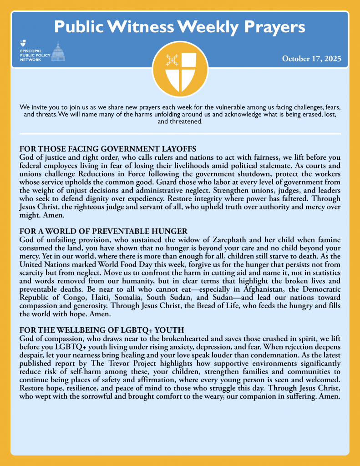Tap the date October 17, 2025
[311, 59]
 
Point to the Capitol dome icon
[58, 51]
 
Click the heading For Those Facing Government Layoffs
[108, 149]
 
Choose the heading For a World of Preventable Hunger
[103, 232]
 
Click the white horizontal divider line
[180, 134]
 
